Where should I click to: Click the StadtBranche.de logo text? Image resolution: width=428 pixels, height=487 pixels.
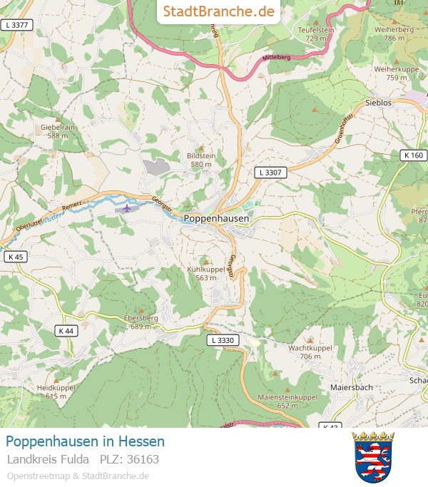point(218,11)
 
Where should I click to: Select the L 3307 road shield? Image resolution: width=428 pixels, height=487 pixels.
point(270,172)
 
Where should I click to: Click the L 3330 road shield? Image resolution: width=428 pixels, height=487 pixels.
point(223,341)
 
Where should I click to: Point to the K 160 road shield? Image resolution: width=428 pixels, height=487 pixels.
point(412,155)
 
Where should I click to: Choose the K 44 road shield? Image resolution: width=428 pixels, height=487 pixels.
point(66,331)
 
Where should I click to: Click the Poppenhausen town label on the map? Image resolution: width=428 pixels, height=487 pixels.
point(217,219)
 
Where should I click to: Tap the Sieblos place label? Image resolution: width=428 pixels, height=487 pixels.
point(378,103)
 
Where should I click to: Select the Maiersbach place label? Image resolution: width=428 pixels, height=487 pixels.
point(351,387)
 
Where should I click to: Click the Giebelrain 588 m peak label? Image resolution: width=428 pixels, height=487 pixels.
point(58,130)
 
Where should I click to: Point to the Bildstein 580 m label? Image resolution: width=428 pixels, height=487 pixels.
point(200,160)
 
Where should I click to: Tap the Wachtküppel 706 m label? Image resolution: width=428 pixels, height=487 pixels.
point(310,352)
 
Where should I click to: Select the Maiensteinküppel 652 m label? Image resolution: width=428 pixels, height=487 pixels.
point(287,401)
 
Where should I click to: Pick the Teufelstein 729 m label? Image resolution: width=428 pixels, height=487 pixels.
point(316,34)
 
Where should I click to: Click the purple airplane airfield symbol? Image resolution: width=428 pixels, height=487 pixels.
point(127,208)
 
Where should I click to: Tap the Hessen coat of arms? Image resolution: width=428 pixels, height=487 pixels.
point(374,457)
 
